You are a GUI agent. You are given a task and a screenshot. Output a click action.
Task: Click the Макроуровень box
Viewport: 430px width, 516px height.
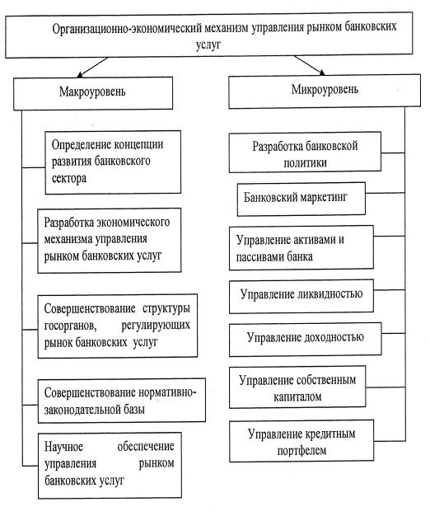click(93, 93)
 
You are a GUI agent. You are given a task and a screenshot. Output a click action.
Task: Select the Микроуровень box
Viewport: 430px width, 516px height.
click(325, 91)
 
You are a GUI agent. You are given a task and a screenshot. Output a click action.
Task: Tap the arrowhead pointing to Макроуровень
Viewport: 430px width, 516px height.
click(80, 74)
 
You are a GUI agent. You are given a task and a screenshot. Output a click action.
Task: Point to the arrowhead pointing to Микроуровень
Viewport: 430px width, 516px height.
click(321, 73)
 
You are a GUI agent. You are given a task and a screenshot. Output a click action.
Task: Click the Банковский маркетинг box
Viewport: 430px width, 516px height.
click(301, 199)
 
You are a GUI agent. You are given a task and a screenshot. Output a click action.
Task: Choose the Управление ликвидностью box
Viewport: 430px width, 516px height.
click(301, 296)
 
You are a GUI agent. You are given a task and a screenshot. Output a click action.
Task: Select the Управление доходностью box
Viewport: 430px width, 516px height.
click(305, 339)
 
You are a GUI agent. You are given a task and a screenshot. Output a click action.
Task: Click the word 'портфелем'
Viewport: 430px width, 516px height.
click(301, 450)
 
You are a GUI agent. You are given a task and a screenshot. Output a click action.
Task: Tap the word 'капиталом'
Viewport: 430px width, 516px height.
click(297, 396)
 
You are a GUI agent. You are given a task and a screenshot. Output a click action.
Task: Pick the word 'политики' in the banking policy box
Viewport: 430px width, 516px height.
click(305, 163)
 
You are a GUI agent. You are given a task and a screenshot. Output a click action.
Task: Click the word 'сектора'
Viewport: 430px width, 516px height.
click(69, 178)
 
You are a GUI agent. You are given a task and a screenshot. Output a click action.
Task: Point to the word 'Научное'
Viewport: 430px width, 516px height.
click(63, 447)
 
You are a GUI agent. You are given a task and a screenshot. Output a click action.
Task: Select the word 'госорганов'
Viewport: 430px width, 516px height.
click(70, 326)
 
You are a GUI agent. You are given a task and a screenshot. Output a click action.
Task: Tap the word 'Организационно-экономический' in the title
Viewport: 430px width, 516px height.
click(127, 29)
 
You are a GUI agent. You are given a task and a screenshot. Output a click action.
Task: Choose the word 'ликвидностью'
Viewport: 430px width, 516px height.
click(330, 294)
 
